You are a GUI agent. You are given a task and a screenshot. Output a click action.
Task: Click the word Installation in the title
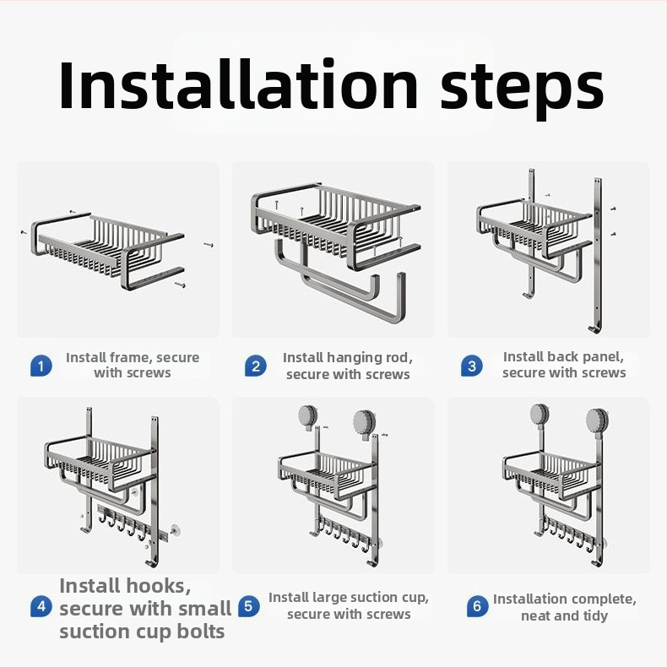pyautogui.click(x=238, y=85)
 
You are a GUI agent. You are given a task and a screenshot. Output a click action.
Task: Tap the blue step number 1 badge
pyautogui.click(x=41, y=366)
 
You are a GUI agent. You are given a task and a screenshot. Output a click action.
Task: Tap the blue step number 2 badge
pyautogui.click(x=256, y=366)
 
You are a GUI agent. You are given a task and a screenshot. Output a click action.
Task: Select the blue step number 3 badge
pyautogui.click(x=472, y=366)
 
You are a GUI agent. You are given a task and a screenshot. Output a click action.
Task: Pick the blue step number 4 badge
pyautogui.click(x=41, y=606)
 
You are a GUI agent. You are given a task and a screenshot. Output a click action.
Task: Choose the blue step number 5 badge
pyautogui.click(x=248, y=606)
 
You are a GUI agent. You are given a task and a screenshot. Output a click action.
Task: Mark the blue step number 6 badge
pyautogui.click(x=477, y=606)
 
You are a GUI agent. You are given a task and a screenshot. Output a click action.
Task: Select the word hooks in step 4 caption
pyautogui.click(x=159, y=586)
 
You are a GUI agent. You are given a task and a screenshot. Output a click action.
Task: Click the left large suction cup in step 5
pyautogui.click(x=308, y=415)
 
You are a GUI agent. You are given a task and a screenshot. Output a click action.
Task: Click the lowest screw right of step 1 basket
pyautogui.click(x=180, y=285)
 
